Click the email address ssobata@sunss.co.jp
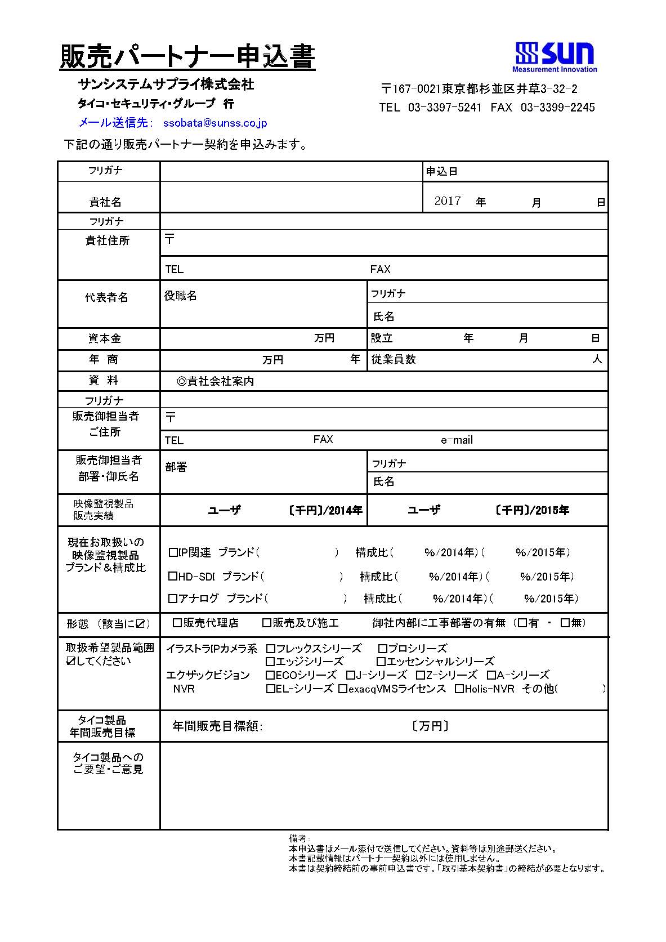tap(214, 123)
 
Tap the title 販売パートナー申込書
tap(187, 57)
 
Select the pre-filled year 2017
tap(448, 201)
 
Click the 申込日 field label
tap(442, 172)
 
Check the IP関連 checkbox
tap(173, 552)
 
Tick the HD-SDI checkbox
tap(173, 576)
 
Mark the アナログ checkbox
tap(173, 598)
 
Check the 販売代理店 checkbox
tap(177, 623)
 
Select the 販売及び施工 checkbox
tap(267, 623)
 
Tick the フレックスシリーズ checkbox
tap(271, 649)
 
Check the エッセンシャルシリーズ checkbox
tap(381, 661)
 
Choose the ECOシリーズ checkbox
tap(271, 675)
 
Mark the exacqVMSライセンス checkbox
tap(343, 689)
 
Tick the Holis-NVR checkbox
tap(459, 689)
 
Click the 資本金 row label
tap(105, 338)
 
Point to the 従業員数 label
tap(394, 359)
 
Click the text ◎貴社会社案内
tap(215, 381)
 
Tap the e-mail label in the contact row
tap(457, 440)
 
